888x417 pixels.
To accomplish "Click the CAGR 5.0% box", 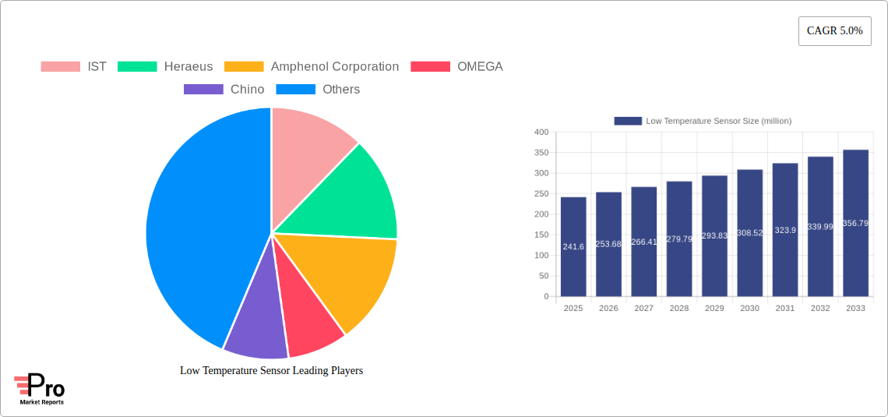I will click(834, 31).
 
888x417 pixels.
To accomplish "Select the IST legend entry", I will click(74, 67).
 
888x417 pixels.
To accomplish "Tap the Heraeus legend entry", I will click(165, 67).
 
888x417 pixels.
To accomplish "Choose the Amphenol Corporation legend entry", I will click(312, 67).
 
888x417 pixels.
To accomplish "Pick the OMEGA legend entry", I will click(457, 67).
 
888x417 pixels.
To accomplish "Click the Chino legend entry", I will click(224, 90).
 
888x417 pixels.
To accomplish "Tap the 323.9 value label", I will click(785, 231).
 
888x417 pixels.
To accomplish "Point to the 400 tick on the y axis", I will click(541, 133).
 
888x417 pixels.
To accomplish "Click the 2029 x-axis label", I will click(714, 309).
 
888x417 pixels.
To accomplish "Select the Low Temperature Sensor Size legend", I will click(703, 121).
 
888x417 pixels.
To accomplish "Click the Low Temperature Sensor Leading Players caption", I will click(271, 371).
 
